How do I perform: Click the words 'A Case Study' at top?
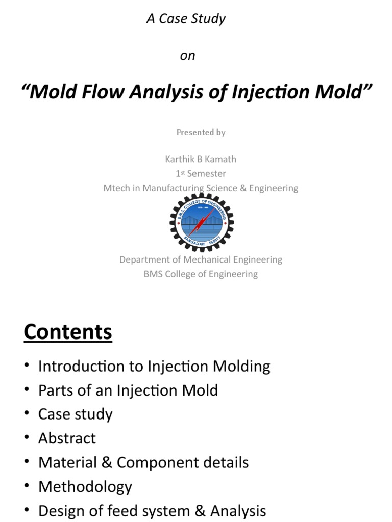186,19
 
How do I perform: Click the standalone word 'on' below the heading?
187,56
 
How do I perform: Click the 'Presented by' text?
201,132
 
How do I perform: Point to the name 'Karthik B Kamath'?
201,159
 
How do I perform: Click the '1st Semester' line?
201,173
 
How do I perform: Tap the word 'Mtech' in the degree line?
116,188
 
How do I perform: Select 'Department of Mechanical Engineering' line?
201,259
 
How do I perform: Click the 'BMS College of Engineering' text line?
201,274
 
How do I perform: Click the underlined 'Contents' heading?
68,332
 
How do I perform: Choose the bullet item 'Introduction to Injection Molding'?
154,366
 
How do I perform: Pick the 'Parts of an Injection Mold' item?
128,390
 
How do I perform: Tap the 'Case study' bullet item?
75,414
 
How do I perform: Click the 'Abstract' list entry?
67,438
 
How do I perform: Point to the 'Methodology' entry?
85,487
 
